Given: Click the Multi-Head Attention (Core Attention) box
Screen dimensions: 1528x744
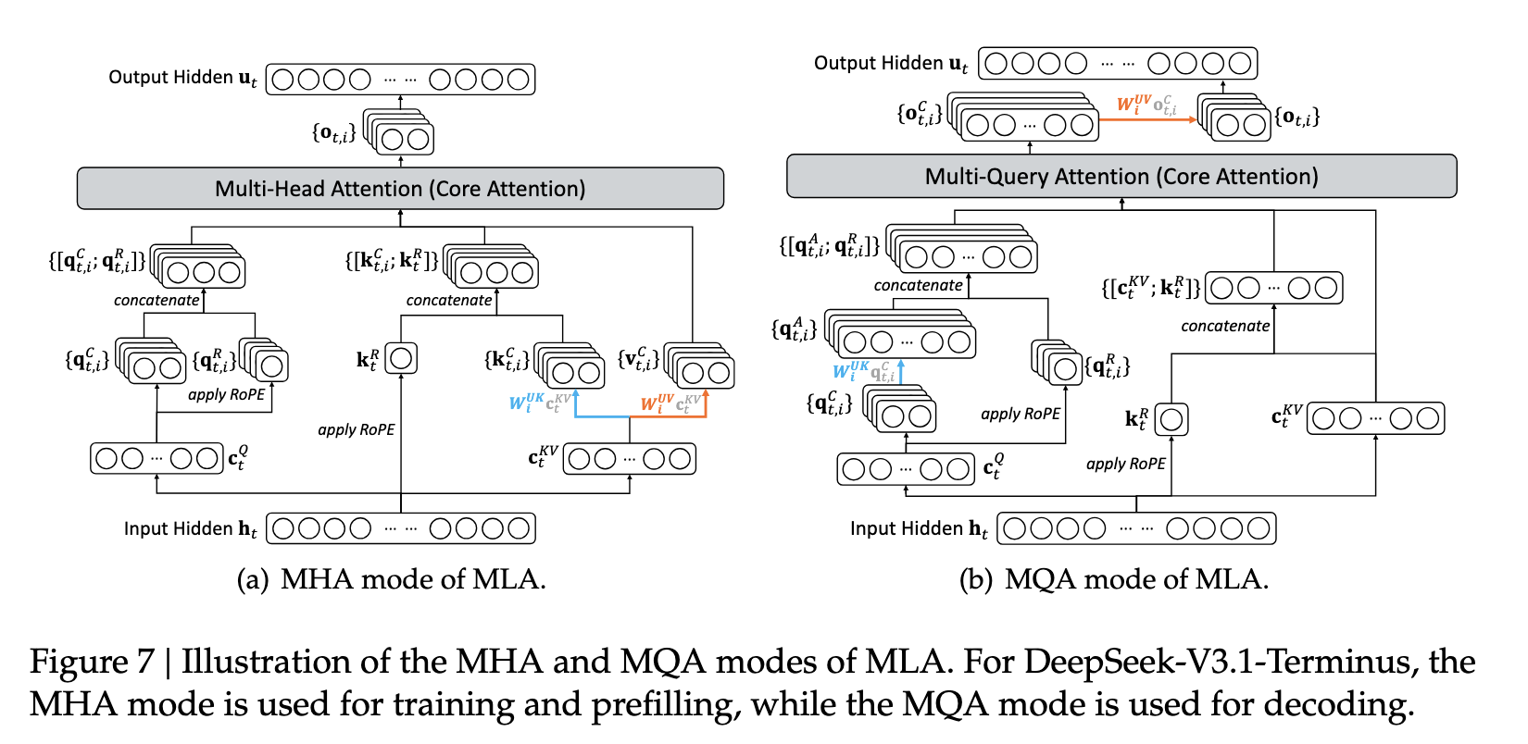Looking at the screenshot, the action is (x=400, y=188).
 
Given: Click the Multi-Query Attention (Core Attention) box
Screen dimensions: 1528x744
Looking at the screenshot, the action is (x=1121, y=176).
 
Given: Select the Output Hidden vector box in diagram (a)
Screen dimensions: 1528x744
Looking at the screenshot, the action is (x=400, y=79).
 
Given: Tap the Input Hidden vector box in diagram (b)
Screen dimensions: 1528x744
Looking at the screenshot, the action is (x=1136, y=528).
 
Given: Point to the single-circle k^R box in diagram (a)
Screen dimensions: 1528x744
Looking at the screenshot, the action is (x=401, y=358).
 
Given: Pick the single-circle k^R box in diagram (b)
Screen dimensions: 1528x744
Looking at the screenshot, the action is (x=1171, y=419).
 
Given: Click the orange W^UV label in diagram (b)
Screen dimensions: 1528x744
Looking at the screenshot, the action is (x=1133, y=104).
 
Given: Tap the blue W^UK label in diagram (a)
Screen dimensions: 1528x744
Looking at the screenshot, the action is (x=527, y=403).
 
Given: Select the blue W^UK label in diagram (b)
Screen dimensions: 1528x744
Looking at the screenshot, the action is (x=851, y=371).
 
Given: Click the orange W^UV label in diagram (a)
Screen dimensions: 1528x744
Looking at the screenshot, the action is (x=658, y=403).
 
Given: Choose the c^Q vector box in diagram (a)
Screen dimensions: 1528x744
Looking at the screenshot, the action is (x=157, y=458).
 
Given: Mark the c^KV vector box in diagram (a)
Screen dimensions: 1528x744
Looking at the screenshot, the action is (x=630, y=458).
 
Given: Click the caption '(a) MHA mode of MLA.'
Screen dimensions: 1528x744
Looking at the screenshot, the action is (x=391, y=579).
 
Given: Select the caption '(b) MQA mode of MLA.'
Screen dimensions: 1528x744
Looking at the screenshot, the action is (x=1114, y=579).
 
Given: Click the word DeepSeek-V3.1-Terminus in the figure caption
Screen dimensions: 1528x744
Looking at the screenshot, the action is (x=1217, y=662).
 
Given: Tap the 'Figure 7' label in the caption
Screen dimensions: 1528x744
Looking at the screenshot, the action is (x=92, y=662).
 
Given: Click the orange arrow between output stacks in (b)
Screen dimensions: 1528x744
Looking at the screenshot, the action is (x=1147, y=120).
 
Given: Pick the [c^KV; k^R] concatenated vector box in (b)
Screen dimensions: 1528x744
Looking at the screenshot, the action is (x=1273, y=288).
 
